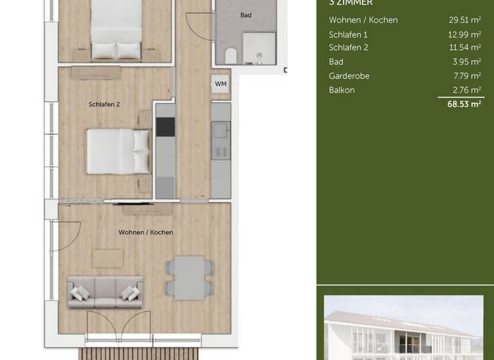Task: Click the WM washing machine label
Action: point(221,84)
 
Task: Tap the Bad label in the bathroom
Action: point(246,15)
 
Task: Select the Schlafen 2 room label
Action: point(104,104)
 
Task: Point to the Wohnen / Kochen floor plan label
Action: point(145,232)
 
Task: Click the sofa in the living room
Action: point(105,292)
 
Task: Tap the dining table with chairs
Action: point(190,278)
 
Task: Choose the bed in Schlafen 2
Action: point(118,151)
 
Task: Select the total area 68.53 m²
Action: point(464,104)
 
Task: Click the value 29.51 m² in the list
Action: point(464,20)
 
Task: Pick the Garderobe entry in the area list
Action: point(349,76)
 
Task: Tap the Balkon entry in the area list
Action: point(342,90)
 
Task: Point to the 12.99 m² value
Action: point(464,34)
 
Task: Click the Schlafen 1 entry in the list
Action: point(348,34)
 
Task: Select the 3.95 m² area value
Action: point(467,62)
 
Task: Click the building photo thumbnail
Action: point(403,327)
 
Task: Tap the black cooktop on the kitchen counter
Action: point(165,127)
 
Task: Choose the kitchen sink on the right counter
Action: point(221,130)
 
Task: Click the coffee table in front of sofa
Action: point(107,258)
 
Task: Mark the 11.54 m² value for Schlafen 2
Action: point(464,48)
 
